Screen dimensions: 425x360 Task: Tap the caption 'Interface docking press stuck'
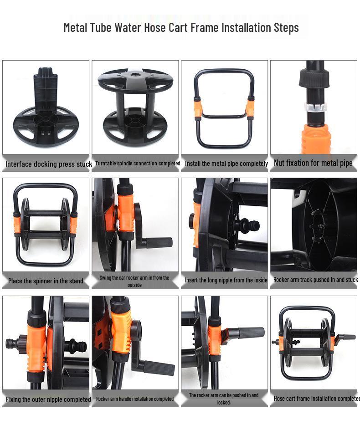pyautogui.click(x=48, y=164)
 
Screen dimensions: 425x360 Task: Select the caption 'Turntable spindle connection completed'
pyautogui.click(x=138, y=164)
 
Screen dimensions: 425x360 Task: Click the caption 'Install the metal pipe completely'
pyautogui.click(x=226, y=164)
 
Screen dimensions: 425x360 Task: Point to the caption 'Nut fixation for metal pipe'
pyautogui.click(x=313, y=163)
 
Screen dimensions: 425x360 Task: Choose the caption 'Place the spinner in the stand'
pyautogui.click(x=46, y=281)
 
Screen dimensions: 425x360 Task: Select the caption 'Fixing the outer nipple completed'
pyautogui.click(x=48, y=399)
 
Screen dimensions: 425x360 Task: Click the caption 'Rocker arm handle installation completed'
pyautogui.click(x=135, y=399)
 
